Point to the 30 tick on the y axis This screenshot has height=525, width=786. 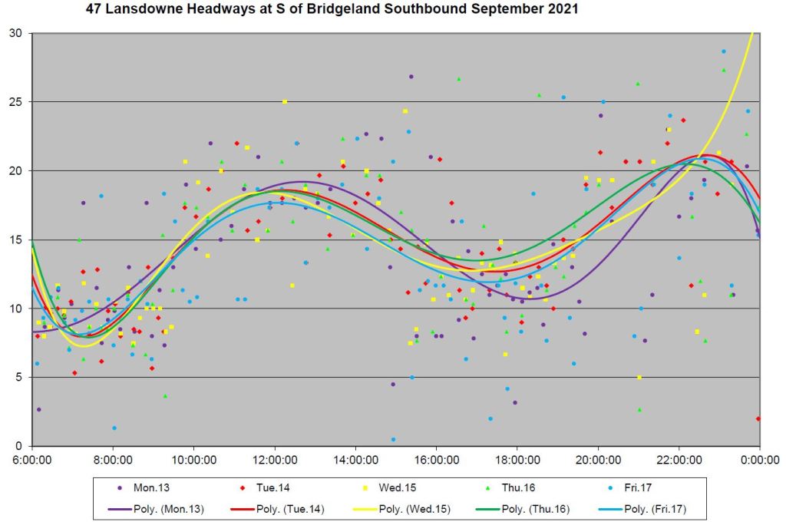pos(16,34)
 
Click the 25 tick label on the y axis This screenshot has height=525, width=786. pos(16,102)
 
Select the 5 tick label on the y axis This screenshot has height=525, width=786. pos(19,378)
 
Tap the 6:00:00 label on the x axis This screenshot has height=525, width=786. pos(31,460)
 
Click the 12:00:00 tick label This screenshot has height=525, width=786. pos(275,460)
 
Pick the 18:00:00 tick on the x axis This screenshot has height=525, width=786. pos(517,460)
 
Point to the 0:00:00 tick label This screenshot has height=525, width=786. pos(760,460)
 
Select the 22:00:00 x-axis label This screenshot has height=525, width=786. pos(679,460)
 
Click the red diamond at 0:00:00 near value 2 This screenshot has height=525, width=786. pos(758,418)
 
